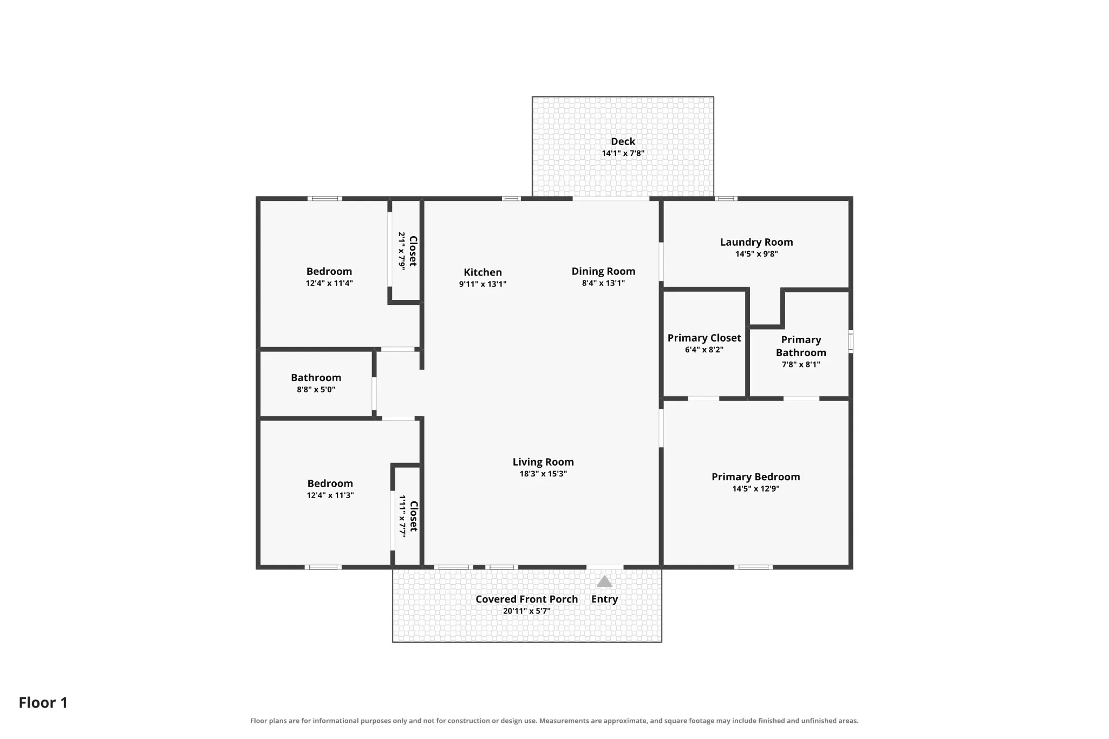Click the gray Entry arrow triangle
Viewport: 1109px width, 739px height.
point(604,581)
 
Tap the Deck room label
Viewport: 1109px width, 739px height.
point(623,141)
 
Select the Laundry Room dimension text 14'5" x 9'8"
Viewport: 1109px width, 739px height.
point(756,254)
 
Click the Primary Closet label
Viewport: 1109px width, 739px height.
point(704,338)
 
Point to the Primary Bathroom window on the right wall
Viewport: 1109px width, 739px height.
point(851,342)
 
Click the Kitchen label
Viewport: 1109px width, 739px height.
point(482,272)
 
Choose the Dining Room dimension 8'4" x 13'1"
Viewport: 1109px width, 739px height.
point(603,283)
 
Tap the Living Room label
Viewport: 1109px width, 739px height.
point(543,462)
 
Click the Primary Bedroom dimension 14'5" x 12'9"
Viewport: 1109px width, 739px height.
point(755,489)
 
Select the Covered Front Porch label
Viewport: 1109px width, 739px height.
point(526,599)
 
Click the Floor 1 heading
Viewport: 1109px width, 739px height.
point(43,703)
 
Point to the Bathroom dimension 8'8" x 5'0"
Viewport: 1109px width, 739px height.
point(316,390)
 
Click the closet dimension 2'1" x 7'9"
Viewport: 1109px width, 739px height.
point(402,251)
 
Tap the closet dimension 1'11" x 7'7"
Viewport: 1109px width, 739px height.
point(402,516)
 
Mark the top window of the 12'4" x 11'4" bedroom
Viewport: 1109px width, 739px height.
point(325,199)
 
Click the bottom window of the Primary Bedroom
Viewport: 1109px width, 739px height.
point(753,567)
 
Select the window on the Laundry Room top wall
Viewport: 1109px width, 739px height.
point(726,199)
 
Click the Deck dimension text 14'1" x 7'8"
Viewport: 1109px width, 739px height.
point(623,153)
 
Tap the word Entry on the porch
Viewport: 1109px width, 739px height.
point(604,599)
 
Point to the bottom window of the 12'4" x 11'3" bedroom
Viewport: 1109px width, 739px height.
point(323,567)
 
